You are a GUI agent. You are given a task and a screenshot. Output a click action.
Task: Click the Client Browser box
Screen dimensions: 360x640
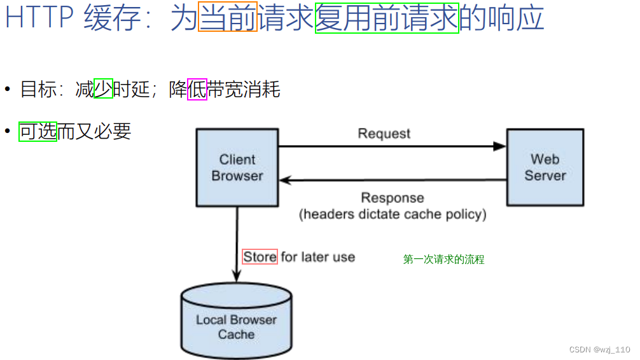(x=237, y=167)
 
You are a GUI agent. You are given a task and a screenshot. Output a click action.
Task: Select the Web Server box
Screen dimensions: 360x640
(x=545, y=167)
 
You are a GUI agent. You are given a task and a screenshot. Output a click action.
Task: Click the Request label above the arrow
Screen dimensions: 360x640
(x=384, y=134)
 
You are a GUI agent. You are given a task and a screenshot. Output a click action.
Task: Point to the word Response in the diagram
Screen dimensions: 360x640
(x=393, y=198)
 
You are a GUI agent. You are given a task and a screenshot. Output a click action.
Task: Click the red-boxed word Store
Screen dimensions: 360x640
(x=260, y=257)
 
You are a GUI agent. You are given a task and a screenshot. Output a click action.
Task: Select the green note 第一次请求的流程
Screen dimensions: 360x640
(x=443, y=260)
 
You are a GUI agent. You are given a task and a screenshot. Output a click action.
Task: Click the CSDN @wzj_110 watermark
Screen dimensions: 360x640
(x=599, y=350)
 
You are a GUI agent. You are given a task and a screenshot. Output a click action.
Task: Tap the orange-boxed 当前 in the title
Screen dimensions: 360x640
(x=228, y=18)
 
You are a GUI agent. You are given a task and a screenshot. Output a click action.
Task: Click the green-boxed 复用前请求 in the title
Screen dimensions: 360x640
(x=387, y=18)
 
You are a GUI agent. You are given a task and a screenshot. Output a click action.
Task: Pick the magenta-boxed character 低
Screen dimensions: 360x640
(x=197, y=90)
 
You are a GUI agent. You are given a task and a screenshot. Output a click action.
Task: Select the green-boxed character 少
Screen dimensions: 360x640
(x=103, y=89)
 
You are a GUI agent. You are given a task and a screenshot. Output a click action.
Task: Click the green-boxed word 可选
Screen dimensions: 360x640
(x=38, y=132)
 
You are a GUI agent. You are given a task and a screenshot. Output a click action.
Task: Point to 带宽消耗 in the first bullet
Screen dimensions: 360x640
(x=244, y=90)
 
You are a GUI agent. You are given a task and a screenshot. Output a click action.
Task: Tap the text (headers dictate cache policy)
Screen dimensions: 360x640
(x=393, y=214)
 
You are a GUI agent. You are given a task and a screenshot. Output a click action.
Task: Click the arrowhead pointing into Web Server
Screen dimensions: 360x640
(x=500, y=146)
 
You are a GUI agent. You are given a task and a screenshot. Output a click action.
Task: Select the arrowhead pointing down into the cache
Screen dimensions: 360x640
(x=237, y=277)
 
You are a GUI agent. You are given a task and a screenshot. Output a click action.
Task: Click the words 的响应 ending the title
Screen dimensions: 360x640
(x=502, y=18)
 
